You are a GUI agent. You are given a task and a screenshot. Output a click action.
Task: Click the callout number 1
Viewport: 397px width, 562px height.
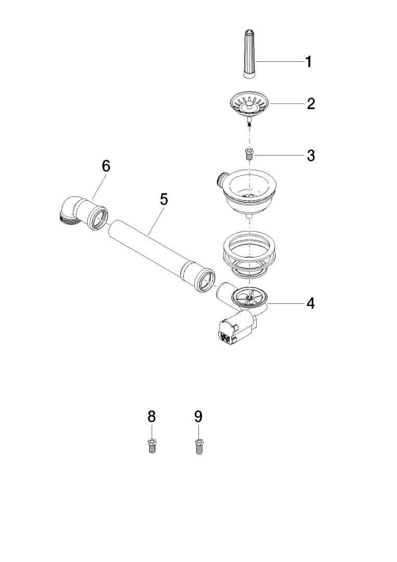[x=308, y=62]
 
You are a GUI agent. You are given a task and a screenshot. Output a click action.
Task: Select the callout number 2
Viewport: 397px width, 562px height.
[x=310, y=104]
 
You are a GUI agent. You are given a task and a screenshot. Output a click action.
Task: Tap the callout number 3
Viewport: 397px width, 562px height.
[x=310, y=155]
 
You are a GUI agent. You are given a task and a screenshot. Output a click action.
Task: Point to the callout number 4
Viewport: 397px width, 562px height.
[x=310, y=303]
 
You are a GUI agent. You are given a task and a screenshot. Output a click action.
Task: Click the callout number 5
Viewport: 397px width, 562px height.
[x=164, y=199]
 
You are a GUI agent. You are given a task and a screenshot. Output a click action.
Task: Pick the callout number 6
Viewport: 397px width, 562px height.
[x=106, y=167]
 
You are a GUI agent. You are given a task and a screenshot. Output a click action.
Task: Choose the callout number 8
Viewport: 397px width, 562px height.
[x=152, y=416]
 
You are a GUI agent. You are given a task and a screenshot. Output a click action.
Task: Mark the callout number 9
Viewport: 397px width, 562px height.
[x=198, y=416]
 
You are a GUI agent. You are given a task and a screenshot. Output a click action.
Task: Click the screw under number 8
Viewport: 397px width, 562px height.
[x=152, y=446]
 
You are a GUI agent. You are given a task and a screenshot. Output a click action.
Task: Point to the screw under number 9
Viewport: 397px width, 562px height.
[x=198, y=446]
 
